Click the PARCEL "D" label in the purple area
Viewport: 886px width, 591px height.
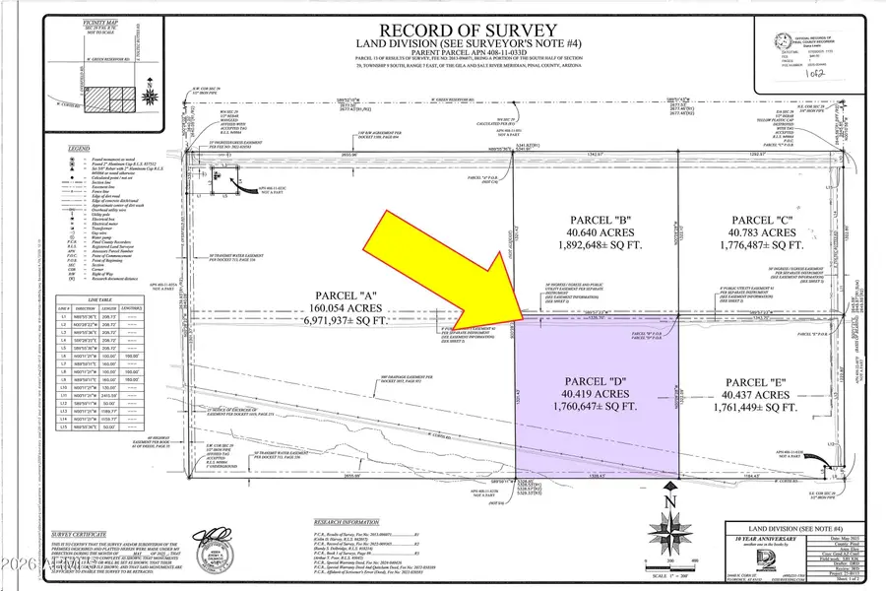click(x=597, y=381)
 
